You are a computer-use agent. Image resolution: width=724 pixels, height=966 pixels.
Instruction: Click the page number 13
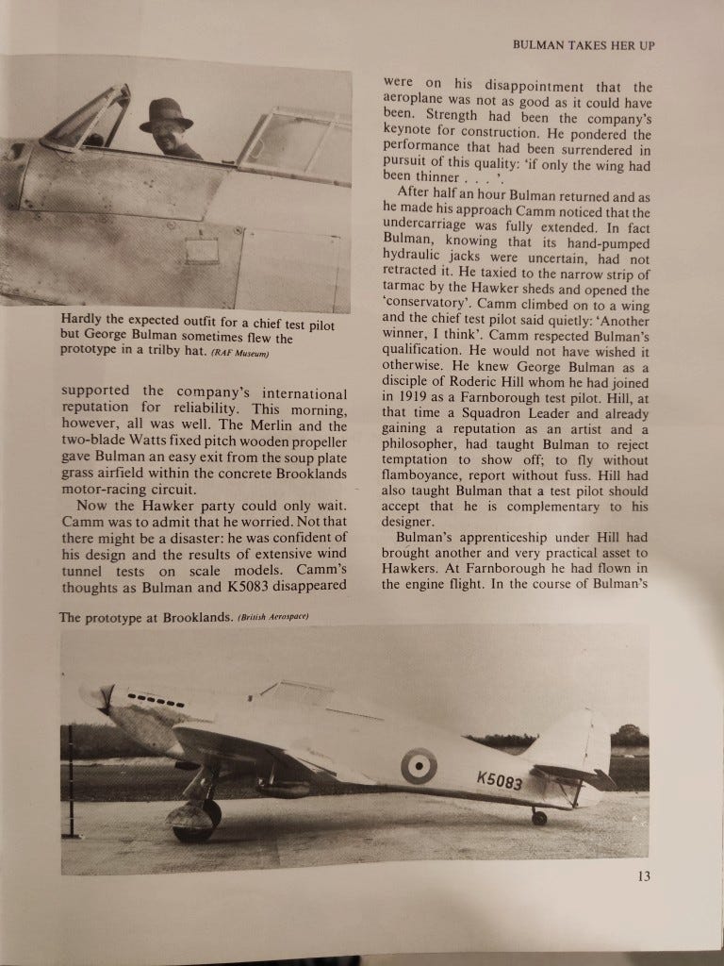(643, 875)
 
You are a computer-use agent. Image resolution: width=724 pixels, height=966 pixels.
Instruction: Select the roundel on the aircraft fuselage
(419, 766)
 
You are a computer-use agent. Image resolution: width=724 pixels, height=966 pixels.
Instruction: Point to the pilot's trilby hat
(167, 115)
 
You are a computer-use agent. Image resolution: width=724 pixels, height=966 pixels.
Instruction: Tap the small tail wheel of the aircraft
(538, 817)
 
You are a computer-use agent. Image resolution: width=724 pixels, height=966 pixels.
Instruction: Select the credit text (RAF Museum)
(239, 355)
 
